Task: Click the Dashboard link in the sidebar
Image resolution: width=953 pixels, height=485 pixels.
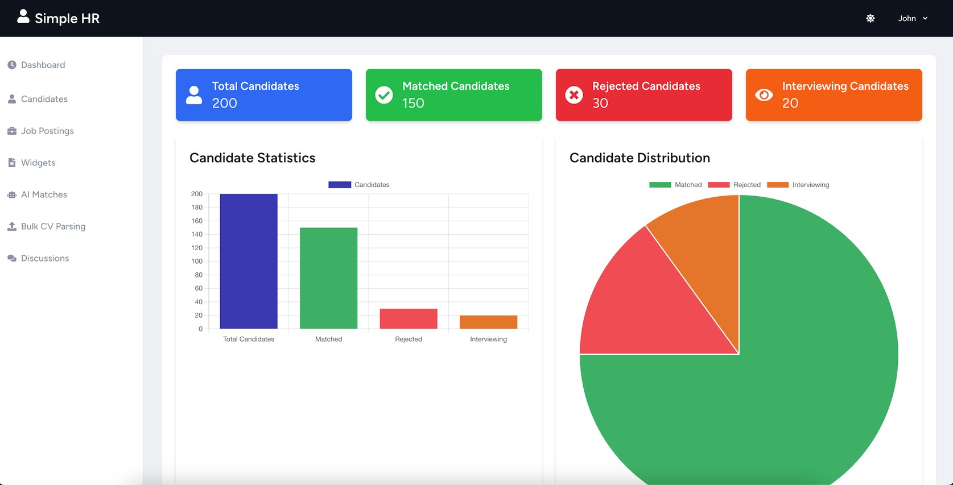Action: [43, 65]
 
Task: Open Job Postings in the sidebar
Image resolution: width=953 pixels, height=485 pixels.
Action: [47, 131]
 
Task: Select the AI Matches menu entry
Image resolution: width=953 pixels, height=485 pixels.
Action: [44, 194]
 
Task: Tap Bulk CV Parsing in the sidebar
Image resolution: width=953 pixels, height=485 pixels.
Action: [53, 226]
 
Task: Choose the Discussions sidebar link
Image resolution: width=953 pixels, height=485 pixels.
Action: [45, 258]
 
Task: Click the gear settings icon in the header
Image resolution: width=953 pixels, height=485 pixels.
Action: [871, 18]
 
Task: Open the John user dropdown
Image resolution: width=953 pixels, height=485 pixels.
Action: [913, 18]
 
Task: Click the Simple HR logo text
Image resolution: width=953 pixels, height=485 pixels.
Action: [67, 18]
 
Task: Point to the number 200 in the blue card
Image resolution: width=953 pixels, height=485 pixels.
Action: [225, 103]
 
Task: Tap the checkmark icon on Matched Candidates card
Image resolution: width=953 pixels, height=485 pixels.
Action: [384, 95]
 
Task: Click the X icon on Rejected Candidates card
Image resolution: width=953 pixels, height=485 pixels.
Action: [574, 95]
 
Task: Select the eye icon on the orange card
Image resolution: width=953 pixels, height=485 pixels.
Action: [764, 95]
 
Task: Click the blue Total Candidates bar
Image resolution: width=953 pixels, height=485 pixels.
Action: [249, 262]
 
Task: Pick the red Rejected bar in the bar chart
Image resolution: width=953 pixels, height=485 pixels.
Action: [409, 318]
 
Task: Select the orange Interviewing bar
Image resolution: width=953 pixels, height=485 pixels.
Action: [488, 322]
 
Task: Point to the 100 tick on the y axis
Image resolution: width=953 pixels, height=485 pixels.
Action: [197, 262]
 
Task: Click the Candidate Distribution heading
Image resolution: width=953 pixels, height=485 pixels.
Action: [640, 158]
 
